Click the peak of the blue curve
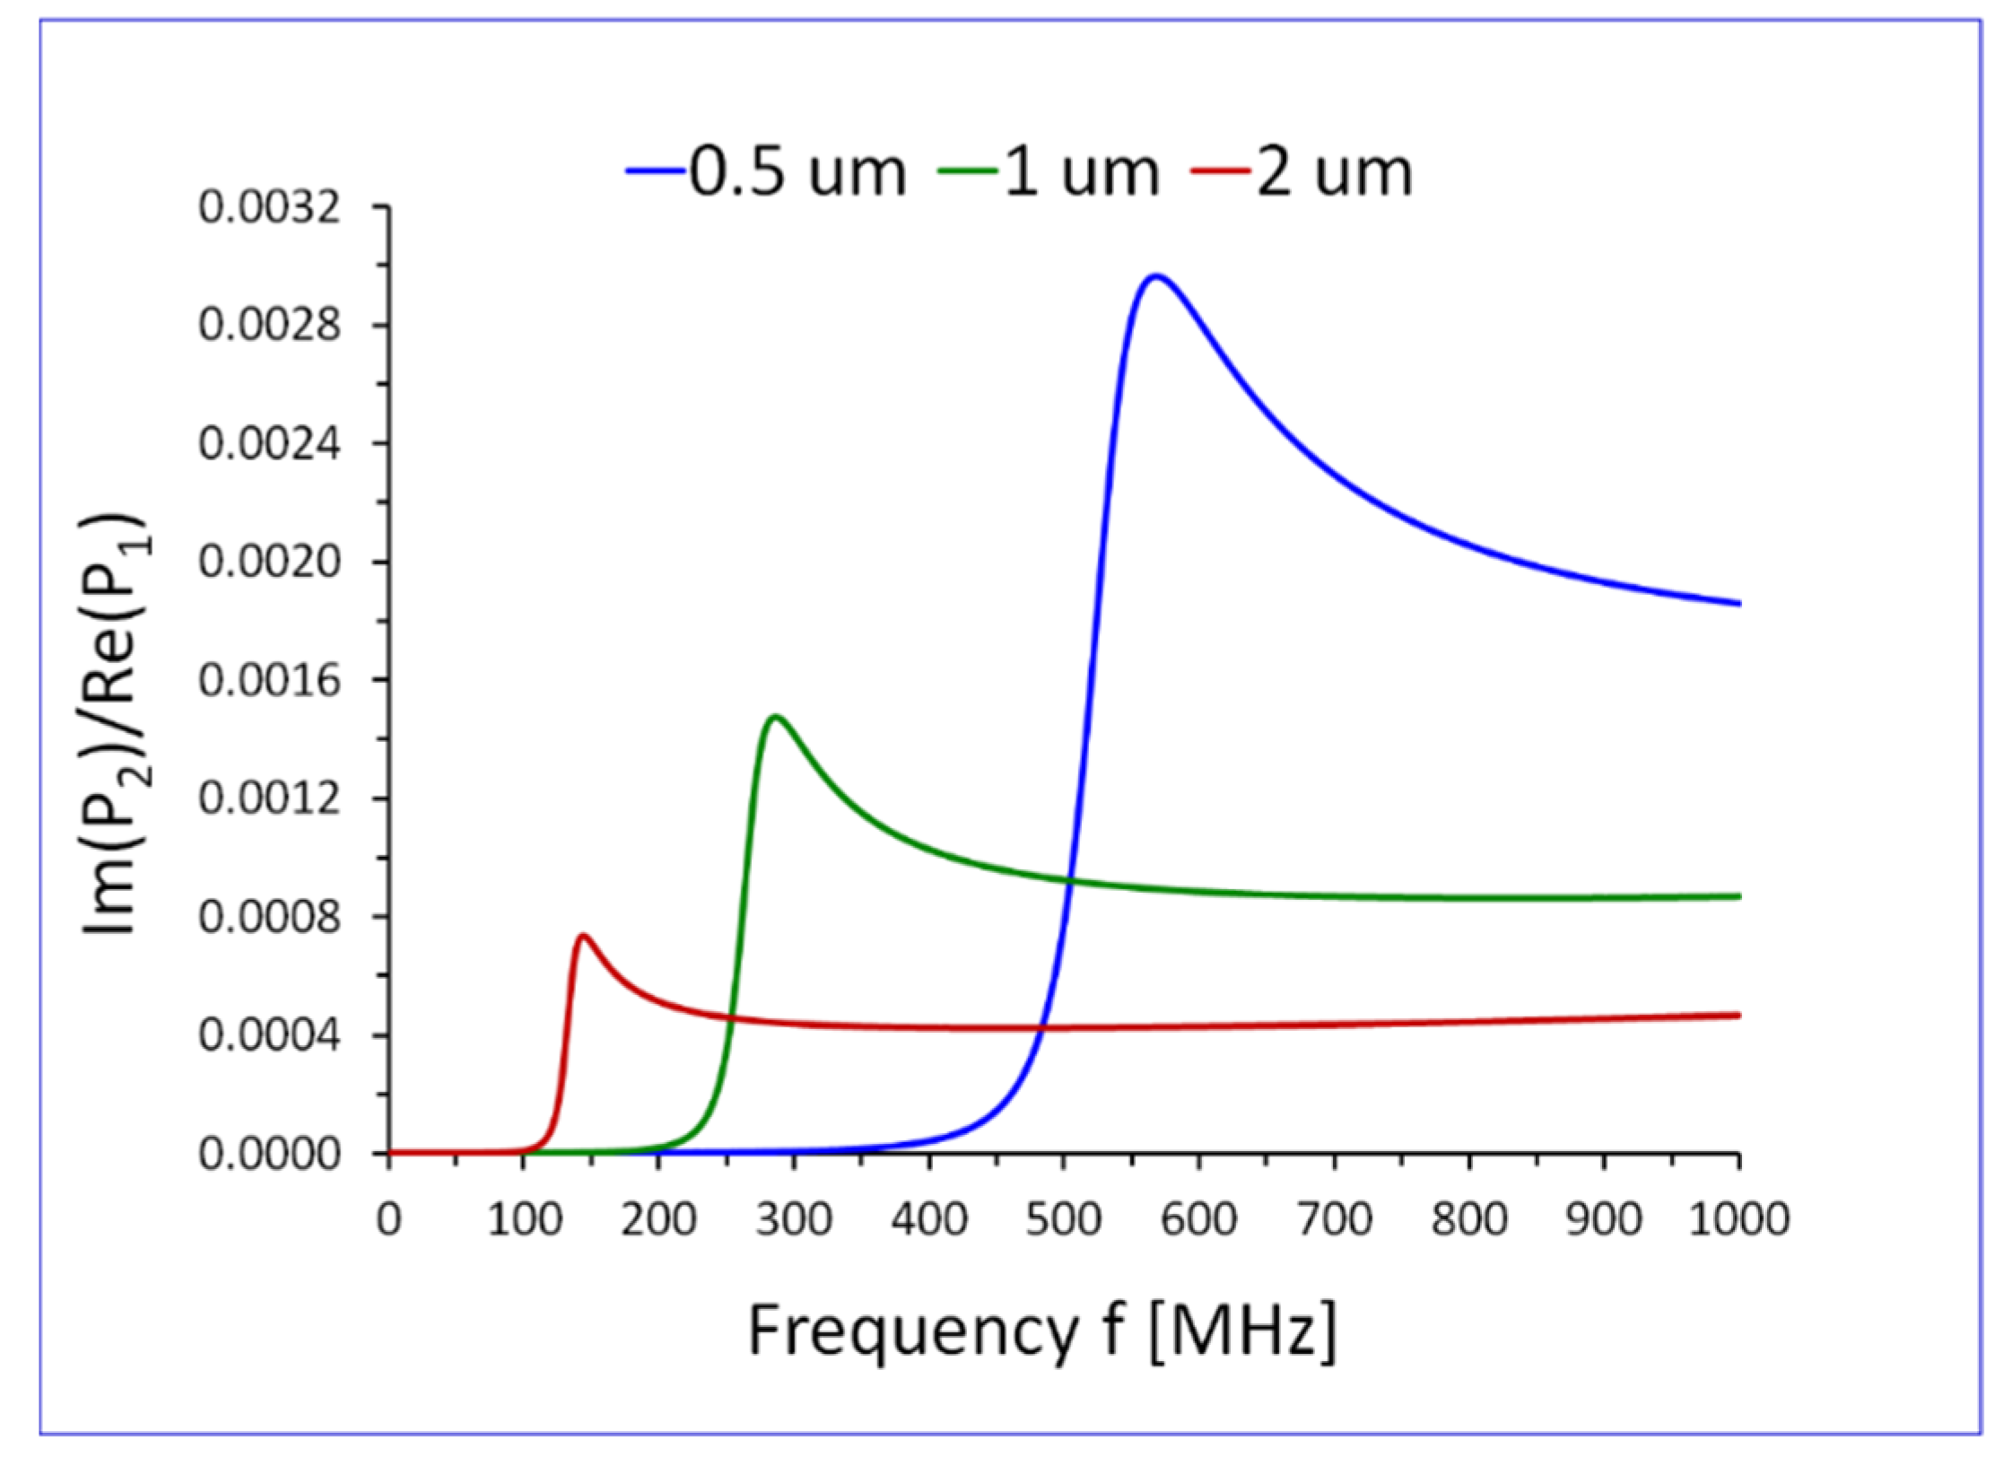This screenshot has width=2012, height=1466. point(1156,276)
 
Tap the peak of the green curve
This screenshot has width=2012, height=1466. point(776,716)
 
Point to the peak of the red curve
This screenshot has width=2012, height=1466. point(583,935)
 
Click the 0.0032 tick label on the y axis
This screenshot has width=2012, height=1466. point(270,208)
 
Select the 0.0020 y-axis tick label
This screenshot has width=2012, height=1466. point(270,563)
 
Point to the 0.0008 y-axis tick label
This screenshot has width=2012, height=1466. point(270,918)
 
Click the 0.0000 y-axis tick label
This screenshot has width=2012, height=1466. point(270,1155)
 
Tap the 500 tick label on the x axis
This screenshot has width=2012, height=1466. point(1063,1220)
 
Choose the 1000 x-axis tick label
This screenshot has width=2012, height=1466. point(1739,1220)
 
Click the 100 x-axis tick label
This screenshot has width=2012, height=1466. point(524,1220)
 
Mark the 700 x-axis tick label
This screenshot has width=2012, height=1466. point(1334,1220)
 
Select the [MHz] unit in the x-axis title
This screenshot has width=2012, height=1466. point(1242,1331)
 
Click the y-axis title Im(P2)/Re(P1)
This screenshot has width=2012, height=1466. point(117,725)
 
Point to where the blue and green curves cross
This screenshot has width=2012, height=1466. point(1068,879)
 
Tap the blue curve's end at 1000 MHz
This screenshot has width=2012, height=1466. point(1738,604)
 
